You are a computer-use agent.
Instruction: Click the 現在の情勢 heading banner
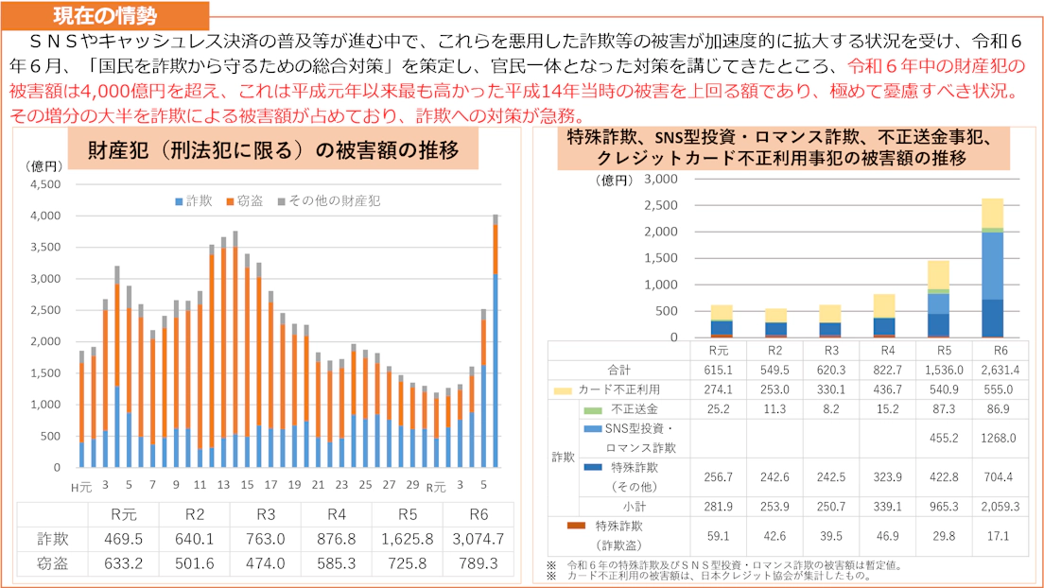coord(104,15)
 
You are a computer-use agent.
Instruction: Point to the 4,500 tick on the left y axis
coord(45,184)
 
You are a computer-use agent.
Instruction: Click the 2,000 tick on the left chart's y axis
coord(45,342)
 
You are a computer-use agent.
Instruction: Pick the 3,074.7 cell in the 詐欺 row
coord(478,540)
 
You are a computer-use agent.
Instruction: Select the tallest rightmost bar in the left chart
coord(495,340)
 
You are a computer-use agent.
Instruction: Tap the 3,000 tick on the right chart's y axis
coord(660,179)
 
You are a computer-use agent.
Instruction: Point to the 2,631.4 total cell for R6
coord(993,370)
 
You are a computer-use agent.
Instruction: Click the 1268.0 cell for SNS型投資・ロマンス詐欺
coord(993,438)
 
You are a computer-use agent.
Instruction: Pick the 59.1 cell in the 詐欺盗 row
coord(719,535)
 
